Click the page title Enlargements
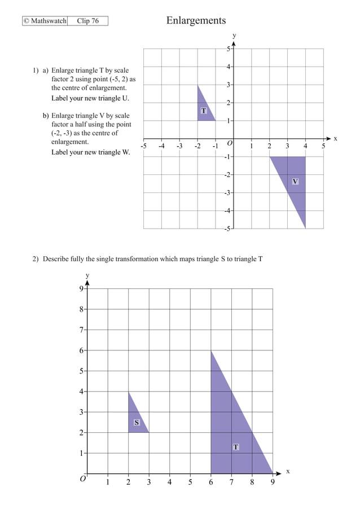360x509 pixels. point(196,21)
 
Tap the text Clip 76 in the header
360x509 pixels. point(87,21)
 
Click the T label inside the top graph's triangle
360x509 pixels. point(203,111)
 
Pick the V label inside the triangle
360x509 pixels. point(295,181)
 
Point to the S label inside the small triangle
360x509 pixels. point(137,422)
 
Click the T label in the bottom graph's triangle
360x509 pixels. point(236,447)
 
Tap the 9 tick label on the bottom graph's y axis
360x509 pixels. point(82,289)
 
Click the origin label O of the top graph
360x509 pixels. point(229,144)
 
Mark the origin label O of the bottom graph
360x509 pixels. point(82,479)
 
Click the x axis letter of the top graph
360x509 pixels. point(335,138)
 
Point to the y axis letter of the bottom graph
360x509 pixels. point(87,275)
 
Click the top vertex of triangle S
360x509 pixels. point(128,392)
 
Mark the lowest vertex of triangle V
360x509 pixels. point(305,229)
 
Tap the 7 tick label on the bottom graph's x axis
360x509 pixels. point(231,482)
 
